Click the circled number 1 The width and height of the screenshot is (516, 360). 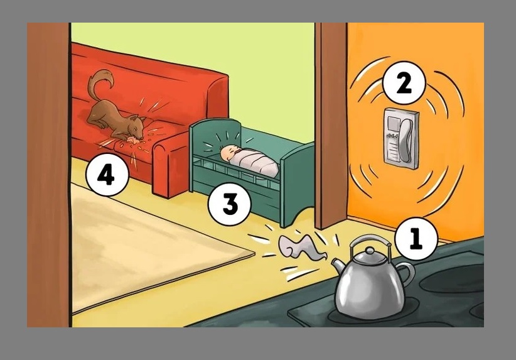click(416, 238)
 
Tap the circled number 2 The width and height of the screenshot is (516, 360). click(404, 83)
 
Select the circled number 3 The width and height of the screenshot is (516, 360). click(230, 204)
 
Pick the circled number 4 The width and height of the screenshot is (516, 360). click(107, 175)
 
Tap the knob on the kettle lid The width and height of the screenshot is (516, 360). click(370, 251)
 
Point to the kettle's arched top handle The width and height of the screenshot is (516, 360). click(370, 242)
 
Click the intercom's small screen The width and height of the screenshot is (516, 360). click(393, 125)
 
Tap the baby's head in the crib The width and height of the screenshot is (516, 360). click(228, 154)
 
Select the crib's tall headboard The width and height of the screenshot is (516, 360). click(215, 145)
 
